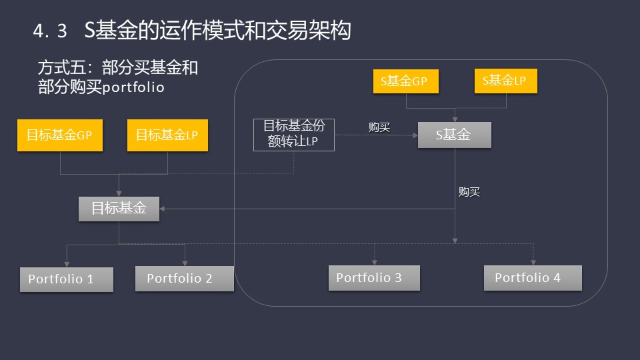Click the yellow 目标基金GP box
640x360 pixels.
[x=59, y=135]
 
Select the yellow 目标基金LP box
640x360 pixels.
[x=167, y=135]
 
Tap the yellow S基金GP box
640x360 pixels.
[x=406, y=81]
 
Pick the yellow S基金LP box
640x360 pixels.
[x=506, y=81]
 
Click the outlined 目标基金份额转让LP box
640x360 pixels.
[x=294, y=135]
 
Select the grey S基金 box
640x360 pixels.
[x=454, y=135]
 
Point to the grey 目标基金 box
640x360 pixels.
[x=119, y=209]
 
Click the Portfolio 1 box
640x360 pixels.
[x=67, y=279]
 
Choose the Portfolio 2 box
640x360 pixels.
[x=185, y=279]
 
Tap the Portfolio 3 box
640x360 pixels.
[x=374, y=277]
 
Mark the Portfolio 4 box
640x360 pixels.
[x=533, y=277]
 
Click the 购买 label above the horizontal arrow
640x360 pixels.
[x=379, y=127]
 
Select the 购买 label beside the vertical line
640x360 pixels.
[x=469, y=191]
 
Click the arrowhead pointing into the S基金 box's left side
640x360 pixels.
[x=415, y=135]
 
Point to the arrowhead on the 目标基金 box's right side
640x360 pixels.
[x=162, y=209]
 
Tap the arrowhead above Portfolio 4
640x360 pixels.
[x=533, y=263]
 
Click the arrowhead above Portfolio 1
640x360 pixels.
[x=67, y=265]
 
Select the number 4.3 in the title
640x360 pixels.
[x=50, y=31]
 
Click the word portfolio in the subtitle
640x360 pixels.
[x=133, y=87]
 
